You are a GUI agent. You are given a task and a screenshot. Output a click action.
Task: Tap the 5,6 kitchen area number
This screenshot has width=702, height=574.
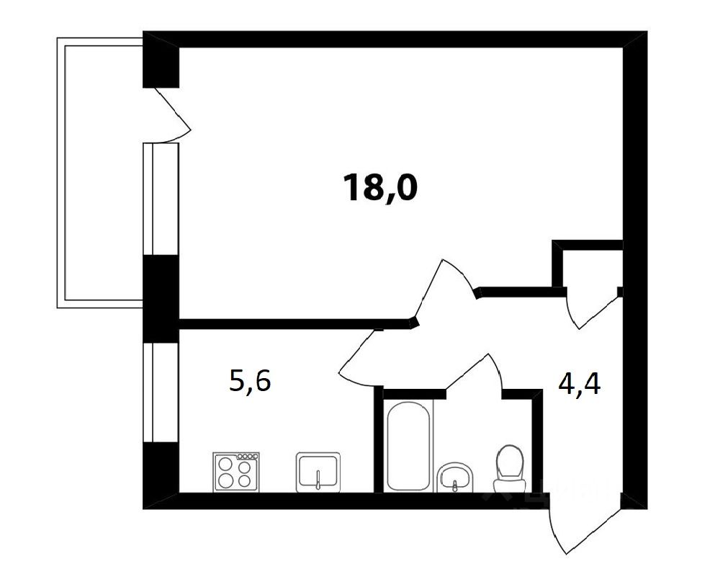[x=250, y=381]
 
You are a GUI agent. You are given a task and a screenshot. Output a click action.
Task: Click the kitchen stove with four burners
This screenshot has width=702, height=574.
[x=235, y=472]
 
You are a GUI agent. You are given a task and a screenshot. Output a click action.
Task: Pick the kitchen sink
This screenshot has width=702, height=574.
[x=318, y=472]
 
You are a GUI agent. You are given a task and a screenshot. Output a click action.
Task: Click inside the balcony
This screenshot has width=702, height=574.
[x=101, y=173]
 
